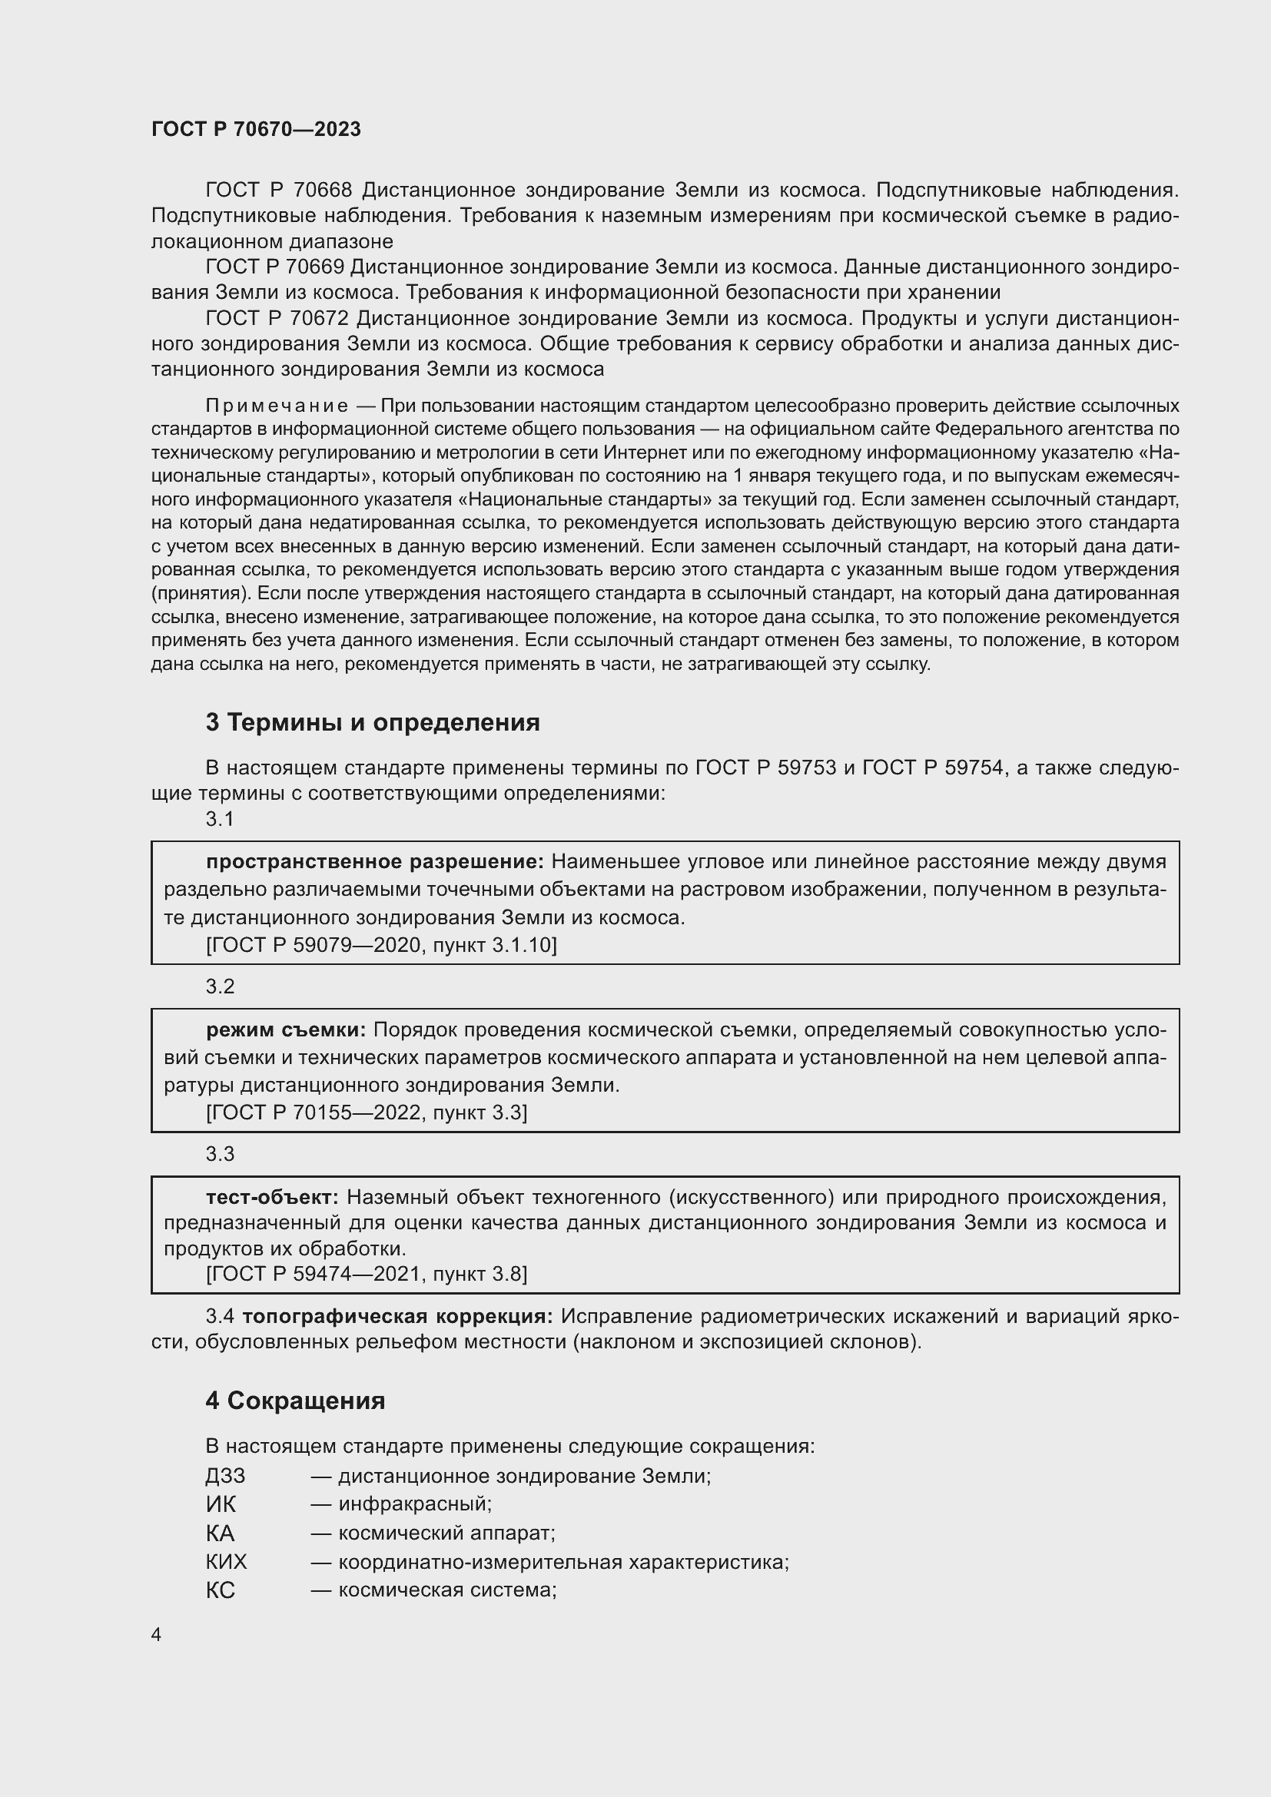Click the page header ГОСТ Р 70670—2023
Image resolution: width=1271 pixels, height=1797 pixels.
[x=256, y=129]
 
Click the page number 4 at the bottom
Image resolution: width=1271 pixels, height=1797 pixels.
[x=156, y=1634]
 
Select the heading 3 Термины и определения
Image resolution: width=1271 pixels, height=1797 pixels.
[x=373, y=721]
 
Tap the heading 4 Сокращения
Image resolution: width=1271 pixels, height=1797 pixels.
[x=295, y=1401]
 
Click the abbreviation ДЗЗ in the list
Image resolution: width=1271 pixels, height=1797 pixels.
[x=225, y=1475]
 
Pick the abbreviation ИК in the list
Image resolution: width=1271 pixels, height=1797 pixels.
[x=220, y=1504]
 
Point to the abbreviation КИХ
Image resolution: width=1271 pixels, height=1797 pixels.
[x=226, y=1561]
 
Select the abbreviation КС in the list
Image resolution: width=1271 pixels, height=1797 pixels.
[x=220, y=1590]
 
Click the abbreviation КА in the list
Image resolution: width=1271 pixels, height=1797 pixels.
[x=220, y=1533]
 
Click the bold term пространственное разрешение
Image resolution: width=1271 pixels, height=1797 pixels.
[x=374, y=862]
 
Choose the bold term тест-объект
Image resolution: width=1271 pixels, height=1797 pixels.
[x=271, y=1197]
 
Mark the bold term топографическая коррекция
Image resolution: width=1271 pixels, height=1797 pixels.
[x=397, y=1317]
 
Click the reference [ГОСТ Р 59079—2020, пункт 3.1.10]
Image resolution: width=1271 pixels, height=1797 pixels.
[x=381, y=945]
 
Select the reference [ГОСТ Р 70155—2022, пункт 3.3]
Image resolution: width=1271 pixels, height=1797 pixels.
[x=367, y=1112]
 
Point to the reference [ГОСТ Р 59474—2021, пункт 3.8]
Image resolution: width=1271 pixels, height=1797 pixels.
[x=367, y=1273]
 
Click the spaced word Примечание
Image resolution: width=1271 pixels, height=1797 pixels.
[x=277, y=406]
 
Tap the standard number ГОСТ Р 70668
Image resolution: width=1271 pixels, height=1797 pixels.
[x=279, y=191]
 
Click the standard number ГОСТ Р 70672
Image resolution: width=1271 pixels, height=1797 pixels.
[x=279, y=319]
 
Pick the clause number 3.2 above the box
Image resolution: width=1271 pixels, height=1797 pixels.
[x=220, y=986]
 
